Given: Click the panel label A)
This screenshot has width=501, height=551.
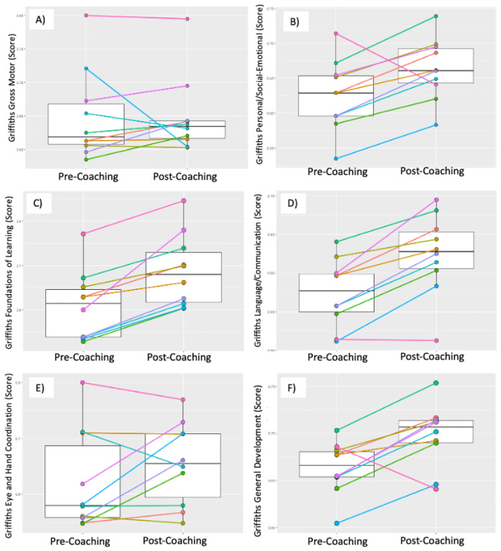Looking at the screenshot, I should click(x=40, y=20).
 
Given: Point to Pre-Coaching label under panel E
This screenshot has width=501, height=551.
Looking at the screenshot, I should click(x=83, y=540).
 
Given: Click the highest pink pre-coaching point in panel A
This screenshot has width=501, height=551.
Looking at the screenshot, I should click(x=86, y=15).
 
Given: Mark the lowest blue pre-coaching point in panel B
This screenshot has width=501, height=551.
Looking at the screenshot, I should click(x=335, y=159).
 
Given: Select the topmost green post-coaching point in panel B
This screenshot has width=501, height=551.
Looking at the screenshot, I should click(x=436, y=16).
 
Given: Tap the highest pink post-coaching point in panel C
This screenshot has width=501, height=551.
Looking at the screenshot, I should click(x=184, y=201).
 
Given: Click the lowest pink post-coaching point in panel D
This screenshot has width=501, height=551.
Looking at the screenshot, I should click(x=436, y=340).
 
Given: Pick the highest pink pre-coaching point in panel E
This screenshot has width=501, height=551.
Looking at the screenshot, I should click(x=83, y=382).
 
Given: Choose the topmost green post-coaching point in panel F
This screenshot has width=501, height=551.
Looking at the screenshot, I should click(x=436, y=383).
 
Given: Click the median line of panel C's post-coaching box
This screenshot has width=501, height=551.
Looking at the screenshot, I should click(x=184, y=274).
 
